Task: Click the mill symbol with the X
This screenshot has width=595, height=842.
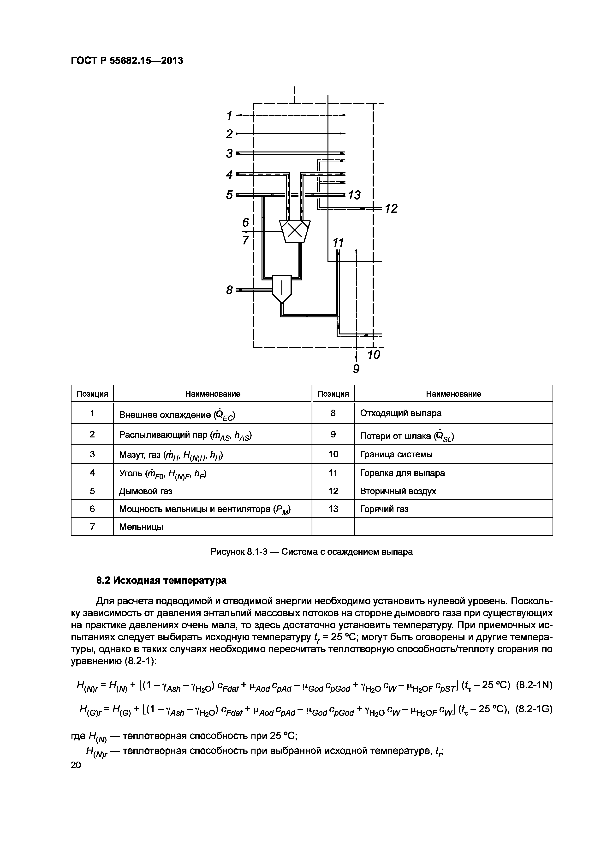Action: pyautogui.click(x=295, y=231)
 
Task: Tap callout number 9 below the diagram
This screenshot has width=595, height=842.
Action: pyautogui.click(x=356, y=369)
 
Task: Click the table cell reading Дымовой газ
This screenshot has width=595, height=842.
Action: pyautogui.click(x=146, y=491)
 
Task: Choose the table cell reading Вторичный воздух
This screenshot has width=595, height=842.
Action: pyautogui.click(x=398, y=491)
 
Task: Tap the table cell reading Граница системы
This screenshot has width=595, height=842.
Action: pyautogui.click(x=396, y=454)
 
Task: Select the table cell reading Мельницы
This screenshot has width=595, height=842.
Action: pyautogui.click(x=141, y=527)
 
